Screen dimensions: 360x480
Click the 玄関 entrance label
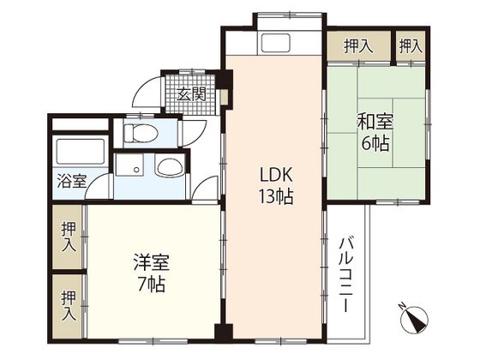pyautogui.click(x=191, y=95)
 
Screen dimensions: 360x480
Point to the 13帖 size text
pyautogui.click(x=278, y=196)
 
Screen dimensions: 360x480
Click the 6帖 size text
pyautogui.click(x=375, y=144)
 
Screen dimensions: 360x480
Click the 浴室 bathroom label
pyautogui.click(x=71, y=181)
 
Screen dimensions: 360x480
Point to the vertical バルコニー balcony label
pyautogui.click(x=348, y=273)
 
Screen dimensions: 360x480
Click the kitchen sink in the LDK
pyautogui.click(x=276, y=43)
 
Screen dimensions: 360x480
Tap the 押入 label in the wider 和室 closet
pyautogui.click(x=358, y=45)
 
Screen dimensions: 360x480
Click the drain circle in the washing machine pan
pyautogui.click(x=135, y=169)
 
